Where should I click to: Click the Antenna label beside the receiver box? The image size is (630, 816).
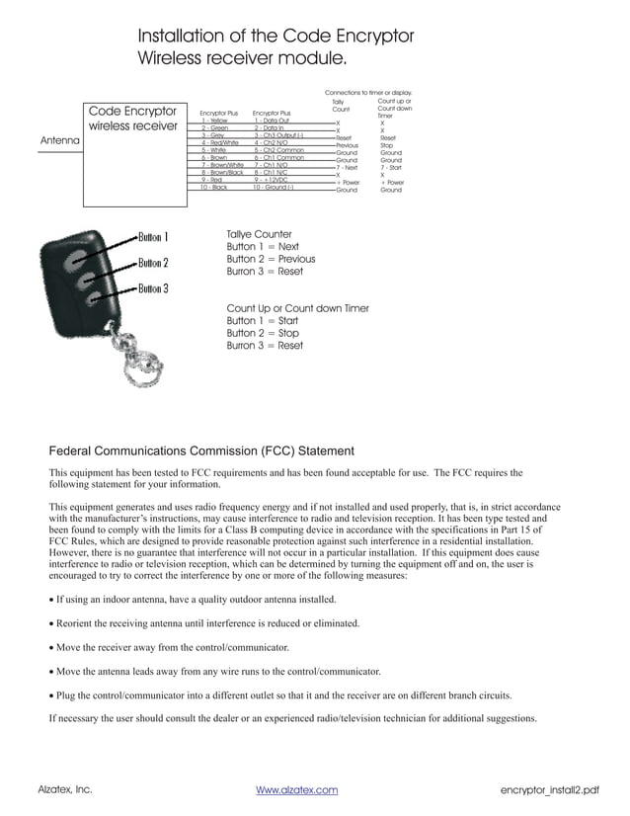pyautogui.click(x=59, y=141)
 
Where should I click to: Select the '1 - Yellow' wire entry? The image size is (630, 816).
pyautogui.click(x=214, y=121)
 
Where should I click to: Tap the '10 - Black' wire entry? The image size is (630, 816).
pyautogui.click(x=213, y=187)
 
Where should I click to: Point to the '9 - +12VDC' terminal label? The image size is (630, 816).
pyautogui.click(x=271, y=180)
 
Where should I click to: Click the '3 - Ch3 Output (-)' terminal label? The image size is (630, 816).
pyautogui.click(x=278, y=134)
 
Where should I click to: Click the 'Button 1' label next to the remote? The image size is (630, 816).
pyautogui.click(x=153, y=237)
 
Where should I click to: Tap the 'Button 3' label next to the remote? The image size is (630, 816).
pyautogui.click(x=153, y=288)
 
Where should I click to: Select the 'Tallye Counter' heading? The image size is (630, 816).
pyautogui.click(x=259, y=234)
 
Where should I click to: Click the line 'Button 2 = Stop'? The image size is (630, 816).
pyautogui.click(x=263, y=334)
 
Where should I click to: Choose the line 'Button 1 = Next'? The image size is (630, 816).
pyautogui.click(x=263, y=247)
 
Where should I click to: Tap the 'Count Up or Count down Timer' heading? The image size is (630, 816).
pyautogui.click(x=297, y=308)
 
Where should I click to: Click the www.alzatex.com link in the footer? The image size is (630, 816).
pyautogui.click(x=296, y=790)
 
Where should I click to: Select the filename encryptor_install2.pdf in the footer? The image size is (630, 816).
pyautogui.click(x=550, y=790)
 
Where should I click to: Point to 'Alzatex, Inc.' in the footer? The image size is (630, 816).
pyautogui.click(x=65, y=790)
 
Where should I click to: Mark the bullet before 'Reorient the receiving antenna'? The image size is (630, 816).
pyautogui.click(x=51, y=623)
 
